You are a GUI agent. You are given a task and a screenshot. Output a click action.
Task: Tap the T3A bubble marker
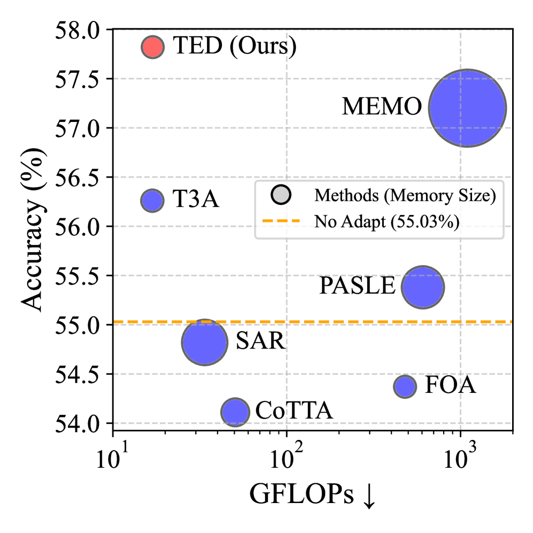click(152, 200)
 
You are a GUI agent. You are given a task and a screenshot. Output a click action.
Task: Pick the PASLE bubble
click(423, 287)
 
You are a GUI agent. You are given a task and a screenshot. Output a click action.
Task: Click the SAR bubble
click(204, 342)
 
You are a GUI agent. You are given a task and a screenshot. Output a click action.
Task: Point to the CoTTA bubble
click(235, 412)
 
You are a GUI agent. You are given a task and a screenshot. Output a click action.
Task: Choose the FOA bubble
click(405, 386)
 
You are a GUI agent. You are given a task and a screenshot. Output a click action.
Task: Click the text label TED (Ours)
click(234, 47)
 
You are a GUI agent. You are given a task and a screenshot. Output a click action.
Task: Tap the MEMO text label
click(382, 108)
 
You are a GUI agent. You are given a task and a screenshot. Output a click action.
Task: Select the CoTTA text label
click(295, 411)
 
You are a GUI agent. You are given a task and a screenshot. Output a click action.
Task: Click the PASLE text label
click(357, 287)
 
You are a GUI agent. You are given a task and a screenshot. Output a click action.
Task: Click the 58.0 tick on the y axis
click(79, 30)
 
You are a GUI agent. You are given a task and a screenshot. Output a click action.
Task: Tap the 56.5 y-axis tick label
click(79, 177)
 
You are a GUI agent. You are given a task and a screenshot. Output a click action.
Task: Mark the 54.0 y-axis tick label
click(79, 423)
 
